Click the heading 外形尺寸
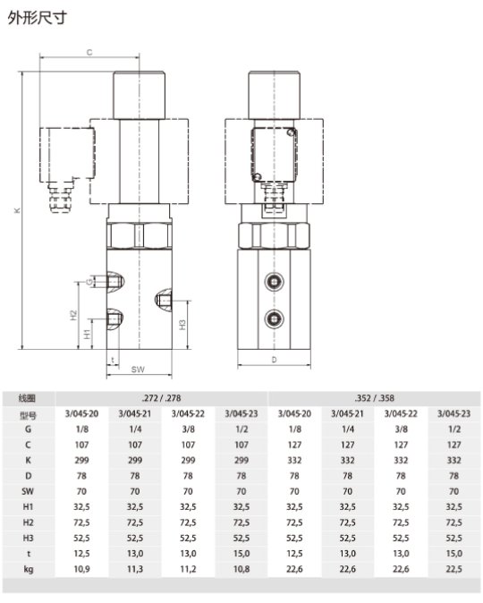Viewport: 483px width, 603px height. click(37, 17)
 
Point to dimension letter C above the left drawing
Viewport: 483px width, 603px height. click(89, 52)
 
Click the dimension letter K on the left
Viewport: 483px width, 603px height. click(17, 210)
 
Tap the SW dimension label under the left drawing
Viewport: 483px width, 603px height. click(138, 369)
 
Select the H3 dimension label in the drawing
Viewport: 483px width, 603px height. click(182, 325)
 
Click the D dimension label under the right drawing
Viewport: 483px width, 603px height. click(274, 360)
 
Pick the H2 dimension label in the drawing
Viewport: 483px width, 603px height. click(73, 315)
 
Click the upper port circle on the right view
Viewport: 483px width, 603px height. click(275, 282)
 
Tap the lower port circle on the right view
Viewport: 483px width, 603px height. click(275, 318)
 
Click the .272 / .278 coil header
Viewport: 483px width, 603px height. click(161, 398)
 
